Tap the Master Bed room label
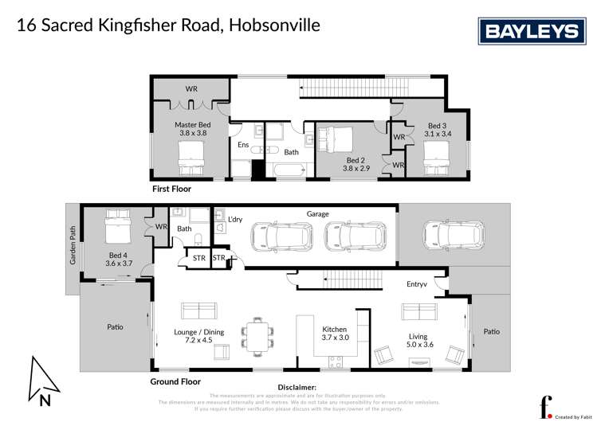[x=193, y=125]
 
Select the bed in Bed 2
[x=337, y=142]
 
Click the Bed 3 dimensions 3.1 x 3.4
[x=438, y=134]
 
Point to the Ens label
[x=243, y=145]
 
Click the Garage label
[x=317, y=213]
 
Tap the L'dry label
[x=235, y=219]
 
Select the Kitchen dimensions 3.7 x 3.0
[x=335, y=338]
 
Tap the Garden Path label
[x=72, y=251]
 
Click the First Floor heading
[x=171, y=190]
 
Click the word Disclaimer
[x=295, y=388]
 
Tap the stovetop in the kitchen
[x=335, y=361]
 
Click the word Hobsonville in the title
[x=274, y=25]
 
